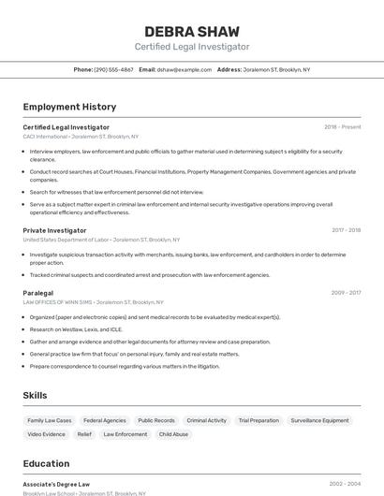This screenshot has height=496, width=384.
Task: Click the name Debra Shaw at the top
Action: (x=192, y=31)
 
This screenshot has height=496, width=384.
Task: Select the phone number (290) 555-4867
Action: (x=114, y=69)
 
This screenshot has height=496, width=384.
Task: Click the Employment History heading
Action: (x=69, y=107)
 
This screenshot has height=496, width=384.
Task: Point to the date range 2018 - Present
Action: (x=342, y=126)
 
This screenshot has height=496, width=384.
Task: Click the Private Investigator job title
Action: (x=54, y=230)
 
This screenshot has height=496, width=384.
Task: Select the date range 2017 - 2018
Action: (x=346, y=230)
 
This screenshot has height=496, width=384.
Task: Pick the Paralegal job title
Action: (x=38, y=293)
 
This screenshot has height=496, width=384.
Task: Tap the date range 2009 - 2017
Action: (x=346, y=293)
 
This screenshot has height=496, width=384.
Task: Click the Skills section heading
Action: (x=35, y=395)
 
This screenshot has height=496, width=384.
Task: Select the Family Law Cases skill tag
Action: (x=50, y=420)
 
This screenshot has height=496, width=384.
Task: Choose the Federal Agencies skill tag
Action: (x=104, y=420)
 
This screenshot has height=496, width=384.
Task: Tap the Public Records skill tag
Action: (x=156, y=420)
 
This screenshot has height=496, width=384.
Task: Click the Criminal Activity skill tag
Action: (x=206, y=420)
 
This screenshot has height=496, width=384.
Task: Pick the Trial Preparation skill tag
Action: (x=258, y=420)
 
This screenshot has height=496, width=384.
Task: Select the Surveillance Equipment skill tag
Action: (x=319, y=420)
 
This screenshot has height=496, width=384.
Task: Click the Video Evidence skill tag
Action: (x=47, y=434)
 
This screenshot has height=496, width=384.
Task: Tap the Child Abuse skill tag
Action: (x=173, y=434)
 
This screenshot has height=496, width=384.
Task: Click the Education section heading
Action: (x=46, y=462)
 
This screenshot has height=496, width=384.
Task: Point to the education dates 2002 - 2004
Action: (x=345, y=484)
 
